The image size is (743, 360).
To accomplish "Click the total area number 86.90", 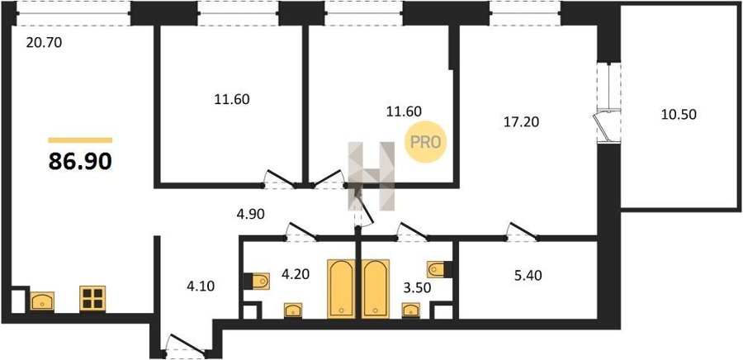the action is pos(80,162).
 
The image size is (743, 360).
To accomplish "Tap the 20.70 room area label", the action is pos(44,43).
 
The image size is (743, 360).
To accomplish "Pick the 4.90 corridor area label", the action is pos(250,214).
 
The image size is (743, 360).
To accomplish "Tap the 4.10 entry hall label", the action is pos(201,287).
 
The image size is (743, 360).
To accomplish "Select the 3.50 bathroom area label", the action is pos(417,288).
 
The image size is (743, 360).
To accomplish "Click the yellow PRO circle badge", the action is pos(425,142).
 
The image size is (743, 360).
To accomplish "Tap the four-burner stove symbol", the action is pos(92,298).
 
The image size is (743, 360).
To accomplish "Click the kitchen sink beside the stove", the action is pos(42,301).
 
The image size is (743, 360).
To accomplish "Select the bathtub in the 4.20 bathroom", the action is pos(341,288).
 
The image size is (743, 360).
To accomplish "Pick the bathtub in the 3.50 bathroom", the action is pos(376,288).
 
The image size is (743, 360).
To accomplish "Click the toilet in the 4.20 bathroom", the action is pos(257,281).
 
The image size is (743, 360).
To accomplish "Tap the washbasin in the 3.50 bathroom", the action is pos(410,310).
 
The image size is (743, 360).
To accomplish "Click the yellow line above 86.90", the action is pos(80,140).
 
